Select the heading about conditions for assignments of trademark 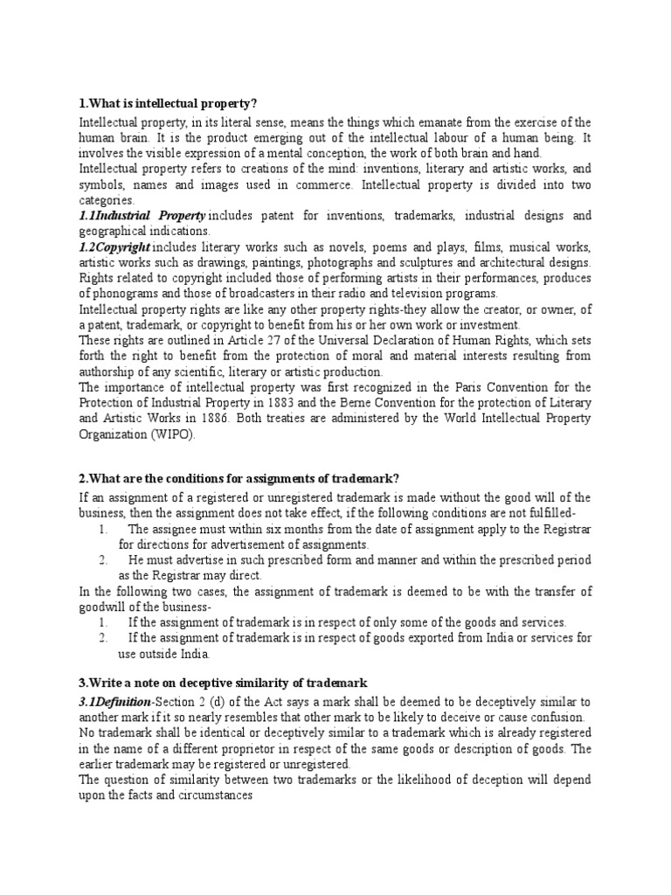(239, 477)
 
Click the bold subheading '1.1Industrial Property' (142, 215)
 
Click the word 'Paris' (453, 386)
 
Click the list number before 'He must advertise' (102, 559)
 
